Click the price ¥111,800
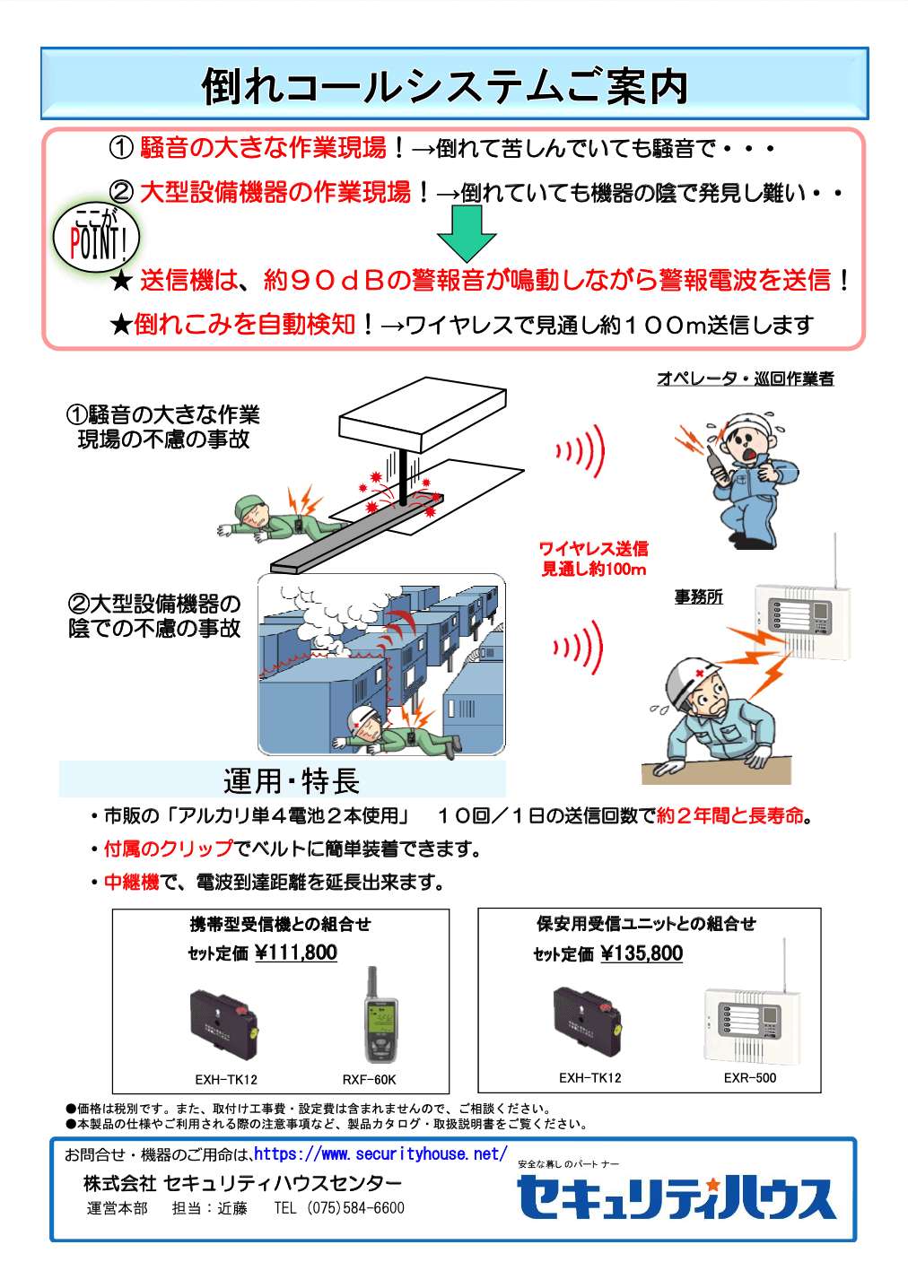[295, 953]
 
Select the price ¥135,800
[641, 953]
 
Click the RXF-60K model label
[369, 1080]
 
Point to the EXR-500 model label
[750, 1078]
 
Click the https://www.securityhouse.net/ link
[380, 1154]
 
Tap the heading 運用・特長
[292, 781]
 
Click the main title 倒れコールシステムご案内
[445, 87]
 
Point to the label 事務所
[698, 597]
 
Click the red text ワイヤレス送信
[593, 549]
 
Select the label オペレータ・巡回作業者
[745, 379]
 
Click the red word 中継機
[131, 883]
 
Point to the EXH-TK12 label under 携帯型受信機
[226, 1080]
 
